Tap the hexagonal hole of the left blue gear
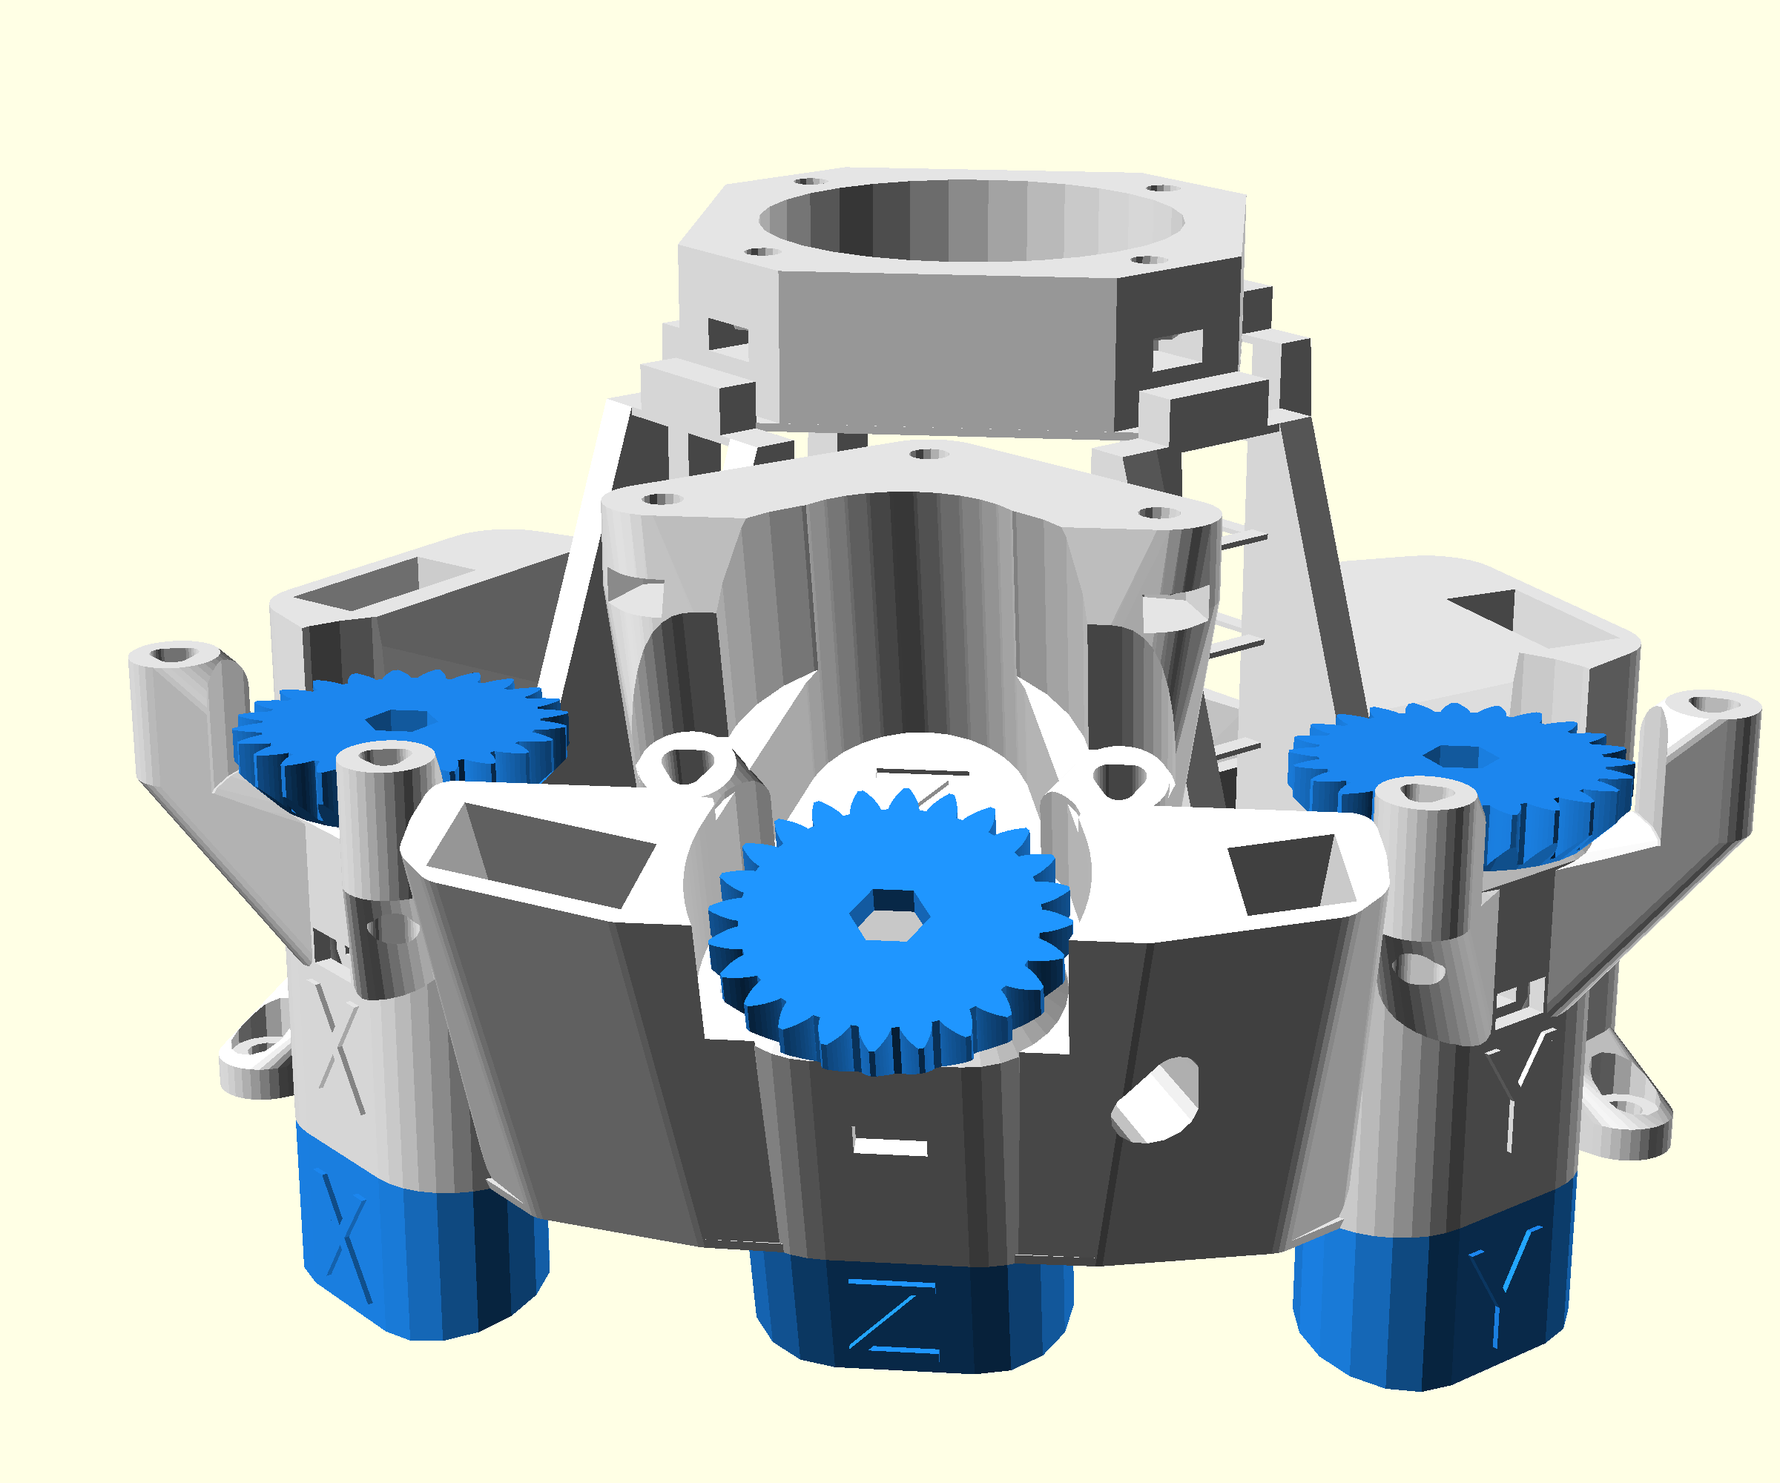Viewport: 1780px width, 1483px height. coord(397,719)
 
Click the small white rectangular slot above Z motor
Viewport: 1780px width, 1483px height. coord(889,1146)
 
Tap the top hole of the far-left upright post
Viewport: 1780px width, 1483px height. coord(174,654)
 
